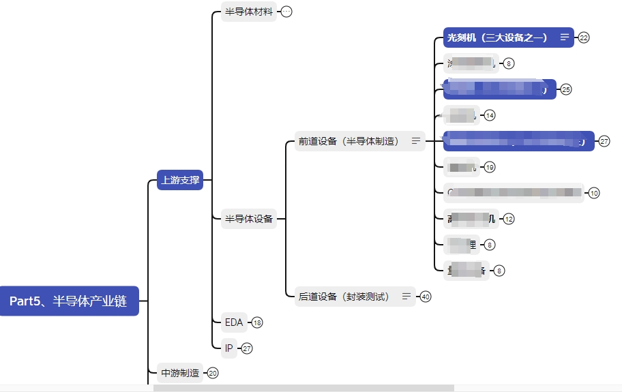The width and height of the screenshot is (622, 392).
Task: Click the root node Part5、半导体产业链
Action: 68,301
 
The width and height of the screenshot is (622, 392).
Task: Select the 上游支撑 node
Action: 180,181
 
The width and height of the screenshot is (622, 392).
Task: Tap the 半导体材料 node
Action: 249,12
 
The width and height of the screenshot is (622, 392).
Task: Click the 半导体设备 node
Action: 249,219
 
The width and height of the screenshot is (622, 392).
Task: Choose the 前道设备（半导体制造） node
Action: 349,142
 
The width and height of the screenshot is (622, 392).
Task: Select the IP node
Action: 228,348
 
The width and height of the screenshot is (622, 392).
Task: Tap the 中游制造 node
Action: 180,373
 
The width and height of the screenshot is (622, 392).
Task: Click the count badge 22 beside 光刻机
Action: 584,37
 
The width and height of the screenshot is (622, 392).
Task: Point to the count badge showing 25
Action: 566,89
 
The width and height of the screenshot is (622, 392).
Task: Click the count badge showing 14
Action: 490,115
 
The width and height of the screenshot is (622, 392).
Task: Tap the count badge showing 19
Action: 490,167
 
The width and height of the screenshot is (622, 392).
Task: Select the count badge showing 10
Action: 594,193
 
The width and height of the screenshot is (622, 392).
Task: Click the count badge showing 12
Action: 509,219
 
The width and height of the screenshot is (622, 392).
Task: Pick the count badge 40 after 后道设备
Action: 426,297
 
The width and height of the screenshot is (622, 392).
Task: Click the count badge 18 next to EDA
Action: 257,322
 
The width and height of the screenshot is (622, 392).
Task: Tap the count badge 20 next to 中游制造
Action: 213,373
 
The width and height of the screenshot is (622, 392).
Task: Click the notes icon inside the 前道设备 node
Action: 416,142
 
